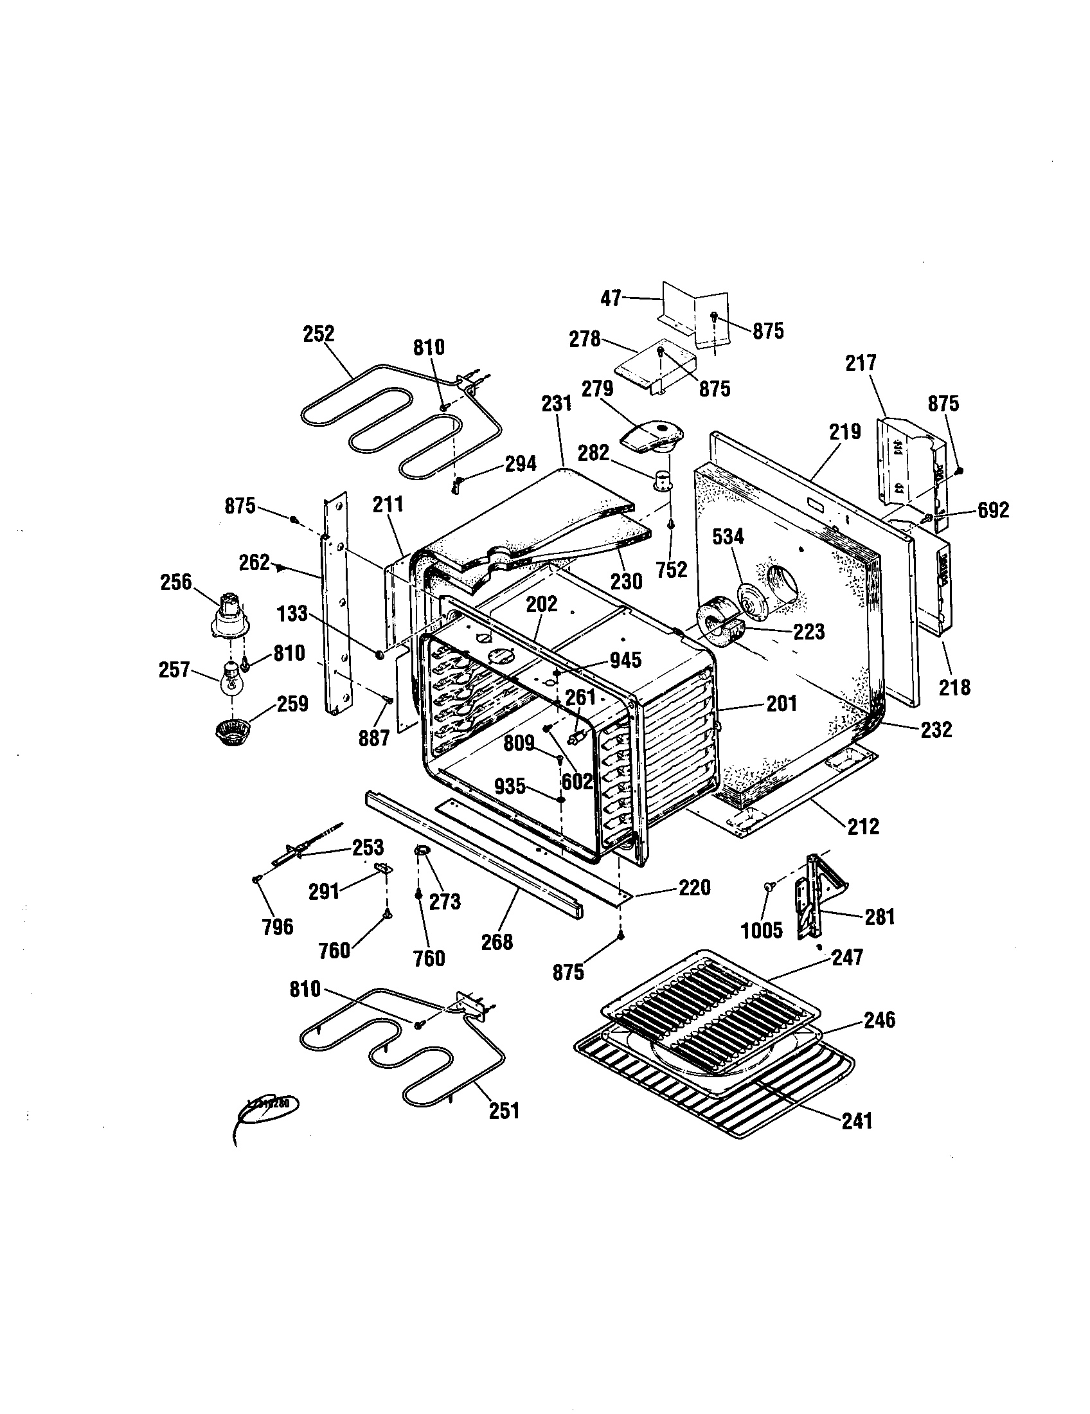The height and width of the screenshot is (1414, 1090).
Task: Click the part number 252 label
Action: pos(319,334)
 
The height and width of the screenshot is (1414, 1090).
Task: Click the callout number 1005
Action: pos(762,931)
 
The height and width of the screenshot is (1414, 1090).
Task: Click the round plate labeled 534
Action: pos(751,598)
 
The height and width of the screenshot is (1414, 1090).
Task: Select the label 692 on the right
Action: pos(992,510)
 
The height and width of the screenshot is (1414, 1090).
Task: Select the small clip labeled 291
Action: pos(384,868)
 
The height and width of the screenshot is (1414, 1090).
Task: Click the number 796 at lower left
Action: pos(278,927)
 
